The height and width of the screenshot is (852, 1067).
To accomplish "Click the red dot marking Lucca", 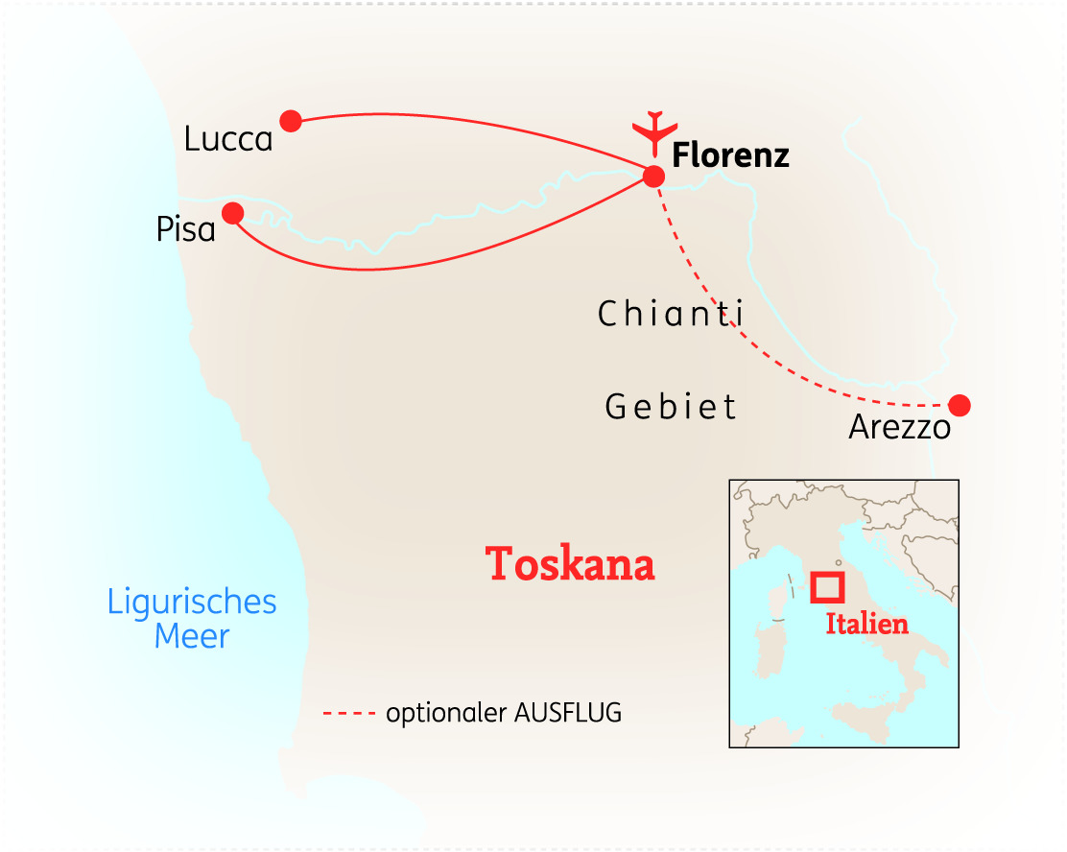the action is (x=291, y=121).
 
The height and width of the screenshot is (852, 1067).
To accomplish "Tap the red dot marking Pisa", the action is (x=232, y=212).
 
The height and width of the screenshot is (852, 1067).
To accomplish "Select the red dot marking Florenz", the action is (x=653, y=177).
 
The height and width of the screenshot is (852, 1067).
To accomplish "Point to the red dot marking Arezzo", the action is (x=959, y=405).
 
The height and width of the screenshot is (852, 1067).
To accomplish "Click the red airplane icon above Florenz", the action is (x=654, y=131).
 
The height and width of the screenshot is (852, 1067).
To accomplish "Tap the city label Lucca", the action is (x=228, y=140).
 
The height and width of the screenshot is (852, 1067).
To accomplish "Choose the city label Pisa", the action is (x=185, y=230).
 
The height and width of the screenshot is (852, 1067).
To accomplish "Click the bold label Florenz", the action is (x=730, y=155).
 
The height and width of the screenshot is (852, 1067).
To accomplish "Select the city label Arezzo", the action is (x=899, y=427).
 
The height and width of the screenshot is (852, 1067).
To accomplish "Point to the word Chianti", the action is (x=671, y=314).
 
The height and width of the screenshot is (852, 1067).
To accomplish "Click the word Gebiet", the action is (x=671, y=407).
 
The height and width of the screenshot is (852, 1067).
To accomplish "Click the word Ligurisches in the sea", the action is (x=192, y=603).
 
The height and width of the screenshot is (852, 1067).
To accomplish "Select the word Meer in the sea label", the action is (x=192, y=636).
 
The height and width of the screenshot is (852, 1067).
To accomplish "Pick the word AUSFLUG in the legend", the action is (x=569, y=714).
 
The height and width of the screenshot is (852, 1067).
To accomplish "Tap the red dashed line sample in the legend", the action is (x=349, y=714).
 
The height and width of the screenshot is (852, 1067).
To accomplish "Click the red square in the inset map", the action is (x=826, y=587).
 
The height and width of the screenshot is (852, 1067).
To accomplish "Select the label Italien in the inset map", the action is (x=866, y=624).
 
